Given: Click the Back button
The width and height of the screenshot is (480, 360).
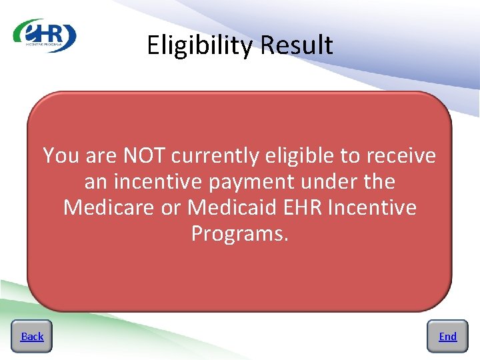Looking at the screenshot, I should click(x=31, y=336).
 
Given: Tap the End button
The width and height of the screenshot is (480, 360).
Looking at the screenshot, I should click(x=447, y=336).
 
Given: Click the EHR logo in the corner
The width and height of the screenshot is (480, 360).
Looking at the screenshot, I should click(x=45, y=35).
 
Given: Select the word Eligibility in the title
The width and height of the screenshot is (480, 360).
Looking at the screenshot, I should click(x=200, y=45).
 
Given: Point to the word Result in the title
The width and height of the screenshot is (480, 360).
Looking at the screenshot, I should click(x=297, y=45).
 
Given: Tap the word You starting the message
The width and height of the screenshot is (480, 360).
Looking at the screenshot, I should click(x=60, y=155).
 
